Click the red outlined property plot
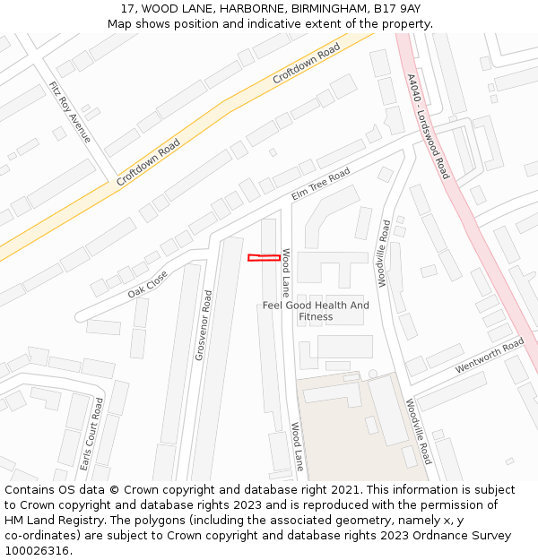(261, 258)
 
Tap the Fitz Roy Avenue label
(70, 112)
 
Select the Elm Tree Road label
(321, 184)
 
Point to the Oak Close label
(147, 283)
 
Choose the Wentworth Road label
(489, 356)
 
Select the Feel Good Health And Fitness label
(316, 311)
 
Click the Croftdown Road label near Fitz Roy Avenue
(148, 162)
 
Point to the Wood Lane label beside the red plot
(286, 272)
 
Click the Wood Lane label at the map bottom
(298, 447)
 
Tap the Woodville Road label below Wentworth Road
(419, 432)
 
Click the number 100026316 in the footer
(37, 550)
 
